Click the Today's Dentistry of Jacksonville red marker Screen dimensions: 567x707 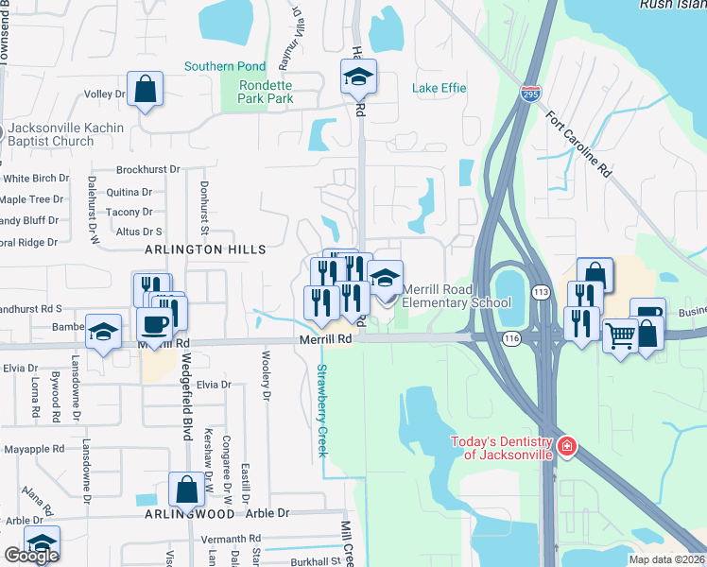click(566, 446)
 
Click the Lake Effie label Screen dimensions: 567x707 click(440, 88)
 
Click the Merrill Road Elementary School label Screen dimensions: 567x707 click(457, 296)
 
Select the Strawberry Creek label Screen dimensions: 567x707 click(321, 411)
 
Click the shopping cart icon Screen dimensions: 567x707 click(620, 335)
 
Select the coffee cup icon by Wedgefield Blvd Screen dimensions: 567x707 click(154, 325)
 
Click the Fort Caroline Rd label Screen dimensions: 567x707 click(579, 146)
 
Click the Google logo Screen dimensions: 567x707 click(31, 556)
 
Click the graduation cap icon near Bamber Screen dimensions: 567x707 click(104, 332)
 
